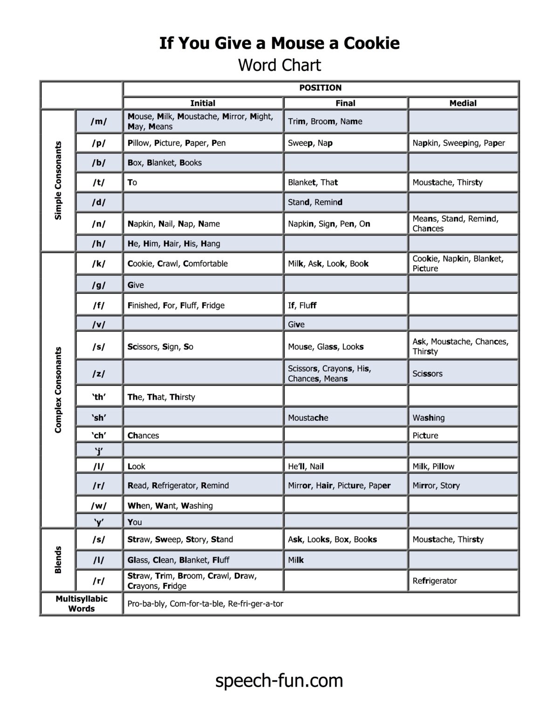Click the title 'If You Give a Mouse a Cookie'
coord(279,43)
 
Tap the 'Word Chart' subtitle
coord(279,65)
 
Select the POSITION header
coord(320,88)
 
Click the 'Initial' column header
coord(203,103)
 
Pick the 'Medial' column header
coord(463,103)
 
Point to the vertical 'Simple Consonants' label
coord(58,181)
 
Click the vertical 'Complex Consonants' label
coord(58,390)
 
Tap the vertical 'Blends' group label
coord(58,560)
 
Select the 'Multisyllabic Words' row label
coord(82,603)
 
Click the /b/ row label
coord(98,162)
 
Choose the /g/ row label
coord(98,284)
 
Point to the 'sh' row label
coord(99,417)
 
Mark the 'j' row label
coord(99,450)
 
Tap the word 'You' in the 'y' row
coord(135,522)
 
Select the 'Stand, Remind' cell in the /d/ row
coord(315,202)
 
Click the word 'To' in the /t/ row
coord(132,182)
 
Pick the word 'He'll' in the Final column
coord(296,466)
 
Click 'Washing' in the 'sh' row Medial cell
coord(429,418)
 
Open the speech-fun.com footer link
coord(279,681)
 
